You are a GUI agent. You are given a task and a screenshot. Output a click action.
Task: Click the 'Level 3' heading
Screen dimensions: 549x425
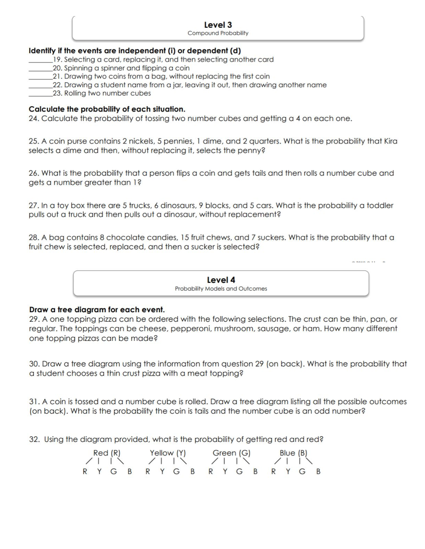(218, 25)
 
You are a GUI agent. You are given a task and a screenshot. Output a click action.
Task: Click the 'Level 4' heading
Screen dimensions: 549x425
(221, 280)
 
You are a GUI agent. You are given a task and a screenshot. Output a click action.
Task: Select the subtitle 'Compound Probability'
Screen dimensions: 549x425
(218, 33)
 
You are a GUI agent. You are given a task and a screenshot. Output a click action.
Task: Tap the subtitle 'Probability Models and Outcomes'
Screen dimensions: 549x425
(221, 289)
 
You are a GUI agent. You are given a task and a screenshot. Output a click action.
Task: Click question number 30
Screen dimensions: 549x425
(34, 364)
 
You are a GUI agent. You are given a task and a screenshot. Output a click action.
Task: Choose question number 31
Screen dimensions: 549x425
(34, 402)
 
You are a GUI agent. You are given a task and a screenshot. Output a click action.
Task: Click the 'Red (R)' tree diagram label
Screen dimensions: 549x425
(107, 453)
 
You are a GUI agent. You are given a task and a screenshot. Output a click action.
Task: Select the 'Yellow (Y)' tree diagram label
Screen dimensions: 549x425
(168, 453)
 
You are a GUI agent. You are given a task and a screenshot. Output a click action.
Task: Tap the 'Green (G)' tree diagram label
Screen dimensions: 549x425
(231, 453)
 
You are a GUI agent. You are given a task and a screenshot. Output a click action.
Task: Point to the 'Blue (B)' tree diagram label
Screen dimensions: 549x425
(293, 453)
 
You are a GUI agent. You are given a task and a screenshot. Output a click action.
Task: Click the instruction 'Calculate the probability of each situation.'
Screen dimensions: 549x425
(107, 109)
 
